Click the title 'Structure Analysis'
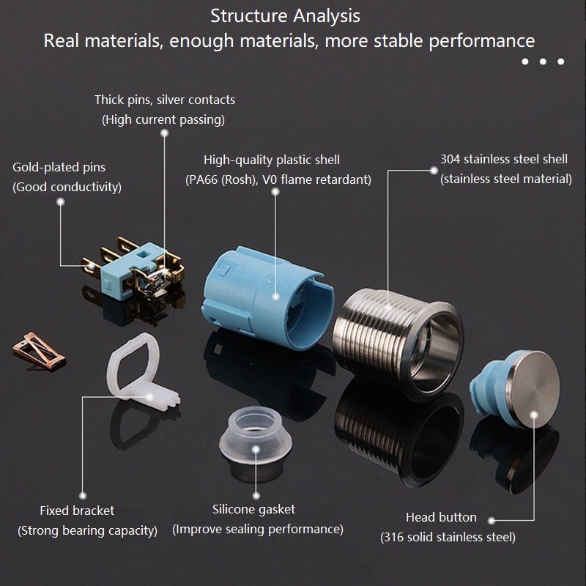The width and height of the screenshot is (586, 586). tap(285, 16)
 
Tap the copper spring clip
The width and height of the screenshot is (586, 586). tap(40, 352)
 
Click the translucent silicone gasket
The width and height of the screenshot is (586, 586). tap(256, 435)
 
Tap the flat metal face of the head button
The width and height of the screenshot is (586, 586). tap(533, 390)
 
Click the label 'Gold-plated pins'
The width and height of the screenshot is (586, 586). tap(59, 167)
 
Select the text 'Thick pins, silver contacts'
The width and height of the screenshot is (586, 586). tap(164, 100)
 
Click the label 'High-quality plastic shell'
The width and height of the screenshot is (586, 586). tap(272, 160)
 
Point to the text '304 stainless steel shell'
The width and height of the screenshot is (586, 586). tap(504, 159)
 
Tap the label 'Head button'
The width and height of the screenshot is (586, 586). tap(441, 517)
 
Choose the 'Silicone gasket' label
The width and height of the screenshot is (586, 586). tap(253, 509)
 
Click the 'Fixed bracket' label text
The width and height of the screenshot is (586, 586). tap(77, 511)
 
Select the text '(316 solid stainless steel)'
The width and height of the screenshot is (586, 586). tap(448, 537)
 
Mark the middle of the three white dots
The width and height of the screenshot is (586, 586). tap(543, 62)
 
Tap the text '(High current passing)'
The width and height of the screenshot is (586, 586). tap(163, 119)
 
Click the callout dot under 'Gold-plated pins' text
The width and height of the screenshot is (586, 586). tap(61, 202)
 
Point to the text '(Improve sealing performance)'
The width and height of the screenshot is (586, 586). tap(258, 529)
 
